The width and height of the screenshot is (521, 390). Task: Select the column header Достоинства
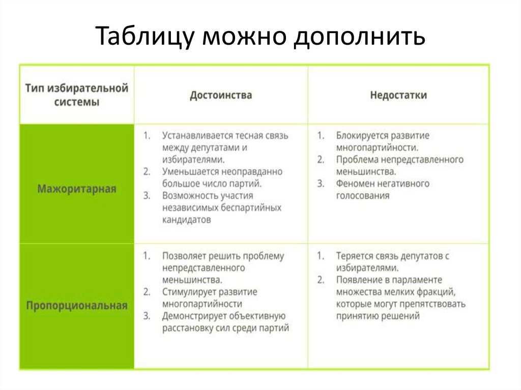click(221, 95)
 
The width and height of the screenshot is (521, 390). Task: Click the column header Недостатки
click(398, 95)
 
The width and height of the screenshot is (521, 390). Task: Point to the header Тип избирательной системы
click(77, 95)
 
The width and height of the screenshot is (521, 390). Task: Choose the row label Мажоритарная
click(77, 189)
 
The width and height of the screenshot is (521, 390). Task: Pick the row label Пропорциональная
click(77, 306)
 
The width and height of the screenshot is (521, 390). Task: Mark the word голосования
click(363, 195)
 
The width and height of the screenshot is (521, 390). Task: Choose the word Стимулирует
click(188, 292)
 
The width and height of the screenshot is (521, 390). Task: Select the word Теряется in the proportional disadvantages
click(355, 256)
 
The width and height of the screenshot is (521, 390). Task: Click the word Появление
click(358, 280)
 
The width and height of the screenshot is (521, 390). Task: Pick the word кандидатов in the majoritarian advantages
click(186, 220)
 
